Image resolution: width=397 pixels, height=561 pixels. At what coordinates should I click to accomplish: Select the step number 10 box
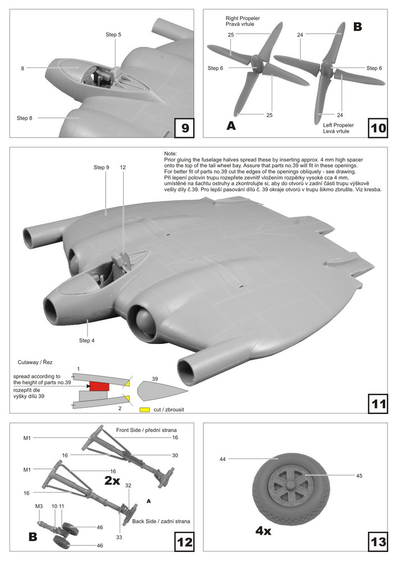[378, 128]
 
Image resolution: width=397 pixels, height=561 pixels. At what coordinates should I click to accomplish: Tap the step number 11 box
[378, 403]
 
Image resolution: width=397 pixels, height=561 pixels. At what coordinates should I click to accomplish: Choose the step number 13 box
[378, 542]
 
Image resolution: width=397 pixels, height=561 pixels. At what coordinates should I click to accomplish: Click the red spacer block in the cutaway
[99, 385]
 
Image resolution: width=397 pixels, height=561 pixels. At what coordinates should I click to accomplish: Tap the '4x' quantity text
[259, 530]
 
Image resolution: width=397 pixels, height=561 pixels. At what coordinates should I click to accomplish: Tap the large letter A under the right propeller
[231, 126]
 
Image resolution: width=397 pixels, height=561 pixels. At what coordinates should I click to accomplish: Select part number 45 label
[359, 476]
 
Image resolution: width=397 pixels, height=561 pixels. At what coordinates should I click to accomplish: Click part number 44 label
[223, 459]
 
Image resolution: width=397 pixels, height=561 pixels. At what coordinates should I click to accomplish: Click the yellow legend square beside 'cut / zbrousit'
[144, 410]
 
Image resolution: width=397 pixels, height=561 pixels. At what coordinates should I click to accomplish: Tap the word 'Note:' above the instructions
[170, 154]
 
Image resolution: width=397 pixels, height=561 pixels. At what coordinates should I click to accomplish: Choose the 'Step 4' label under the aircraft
[88, 340]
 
